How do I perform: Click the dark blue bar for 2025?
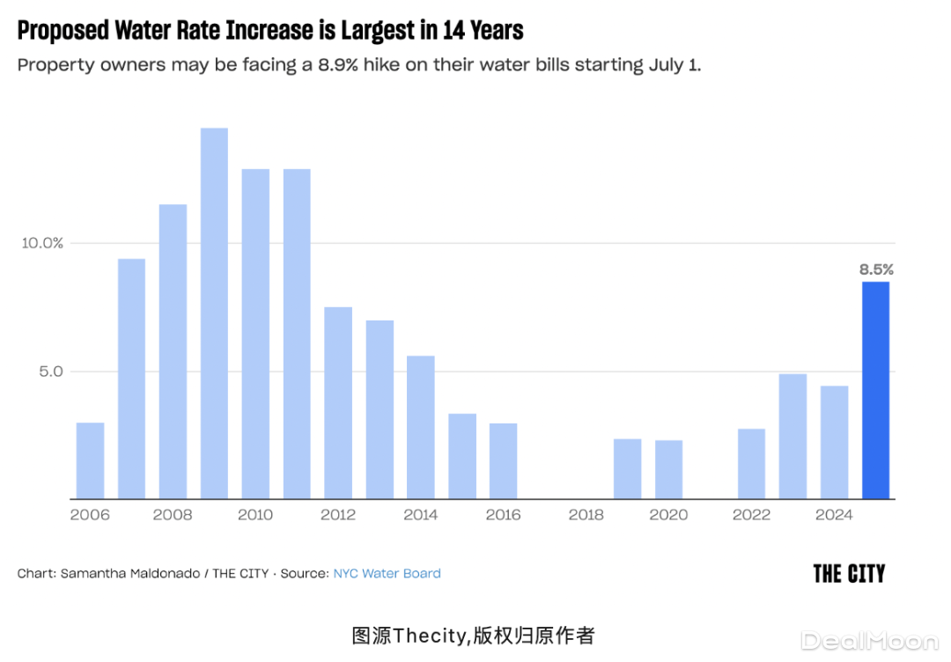coord(875,390)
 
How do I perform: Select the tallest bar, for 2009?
coord(214,313)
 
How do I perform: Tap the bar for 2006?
coord(90,460)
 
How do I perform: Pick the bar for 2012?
coord(338,402)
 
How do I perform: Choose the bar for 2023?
coord(792,436)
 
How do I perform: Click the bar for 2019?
coord(627,468)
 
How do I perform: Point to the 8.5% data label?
coord(876,270)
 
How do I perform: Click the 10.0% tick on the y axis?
coord(41,243)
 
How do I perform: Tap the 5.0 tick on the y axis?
coord(49,371)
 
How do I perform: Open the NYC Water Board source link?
coord(387,573)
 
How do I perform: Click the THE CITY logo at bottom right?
coord(849,574)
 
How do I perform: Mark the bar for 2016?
coord(503,460)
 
